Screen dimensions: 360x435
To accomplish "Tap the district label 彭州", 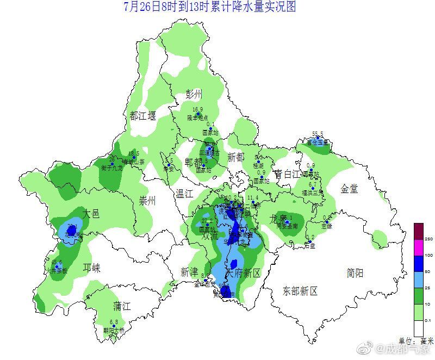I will pos(194,93).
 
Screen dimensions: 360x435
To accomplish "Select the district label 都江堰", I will pos(142,115).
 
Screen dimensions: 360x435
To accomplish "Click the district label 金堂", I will pos(349,189).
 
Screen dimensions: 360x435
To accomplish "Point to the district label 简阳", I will pos(356,273).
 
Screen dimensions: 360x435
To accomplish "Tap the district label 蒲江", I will pos(122,306).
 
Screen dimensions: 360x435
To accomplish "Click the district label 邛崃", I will pos(91,268).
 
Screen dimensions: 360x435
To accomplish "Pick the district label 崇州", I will pos(147,201).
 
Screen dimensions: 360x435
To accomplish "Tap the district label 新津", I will pos(190,272).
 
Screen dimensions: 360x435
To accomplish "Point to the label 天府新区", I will pos(244,272).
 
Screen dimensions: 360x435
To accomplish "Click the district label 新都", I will pos(236,158).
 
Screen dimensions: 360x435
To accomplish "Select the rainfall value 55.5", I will pos(318,134).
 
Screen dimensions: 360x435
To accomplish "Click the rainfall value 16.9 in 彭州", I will pos(197,109).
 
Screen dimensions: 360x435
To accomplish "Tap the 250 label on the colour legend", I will pos(428,239).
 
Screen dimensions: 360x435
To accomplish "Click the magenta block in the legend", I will pos(418,247).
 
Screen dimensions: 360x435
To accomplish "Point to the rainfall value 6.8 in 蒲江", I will pos(114,322).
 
